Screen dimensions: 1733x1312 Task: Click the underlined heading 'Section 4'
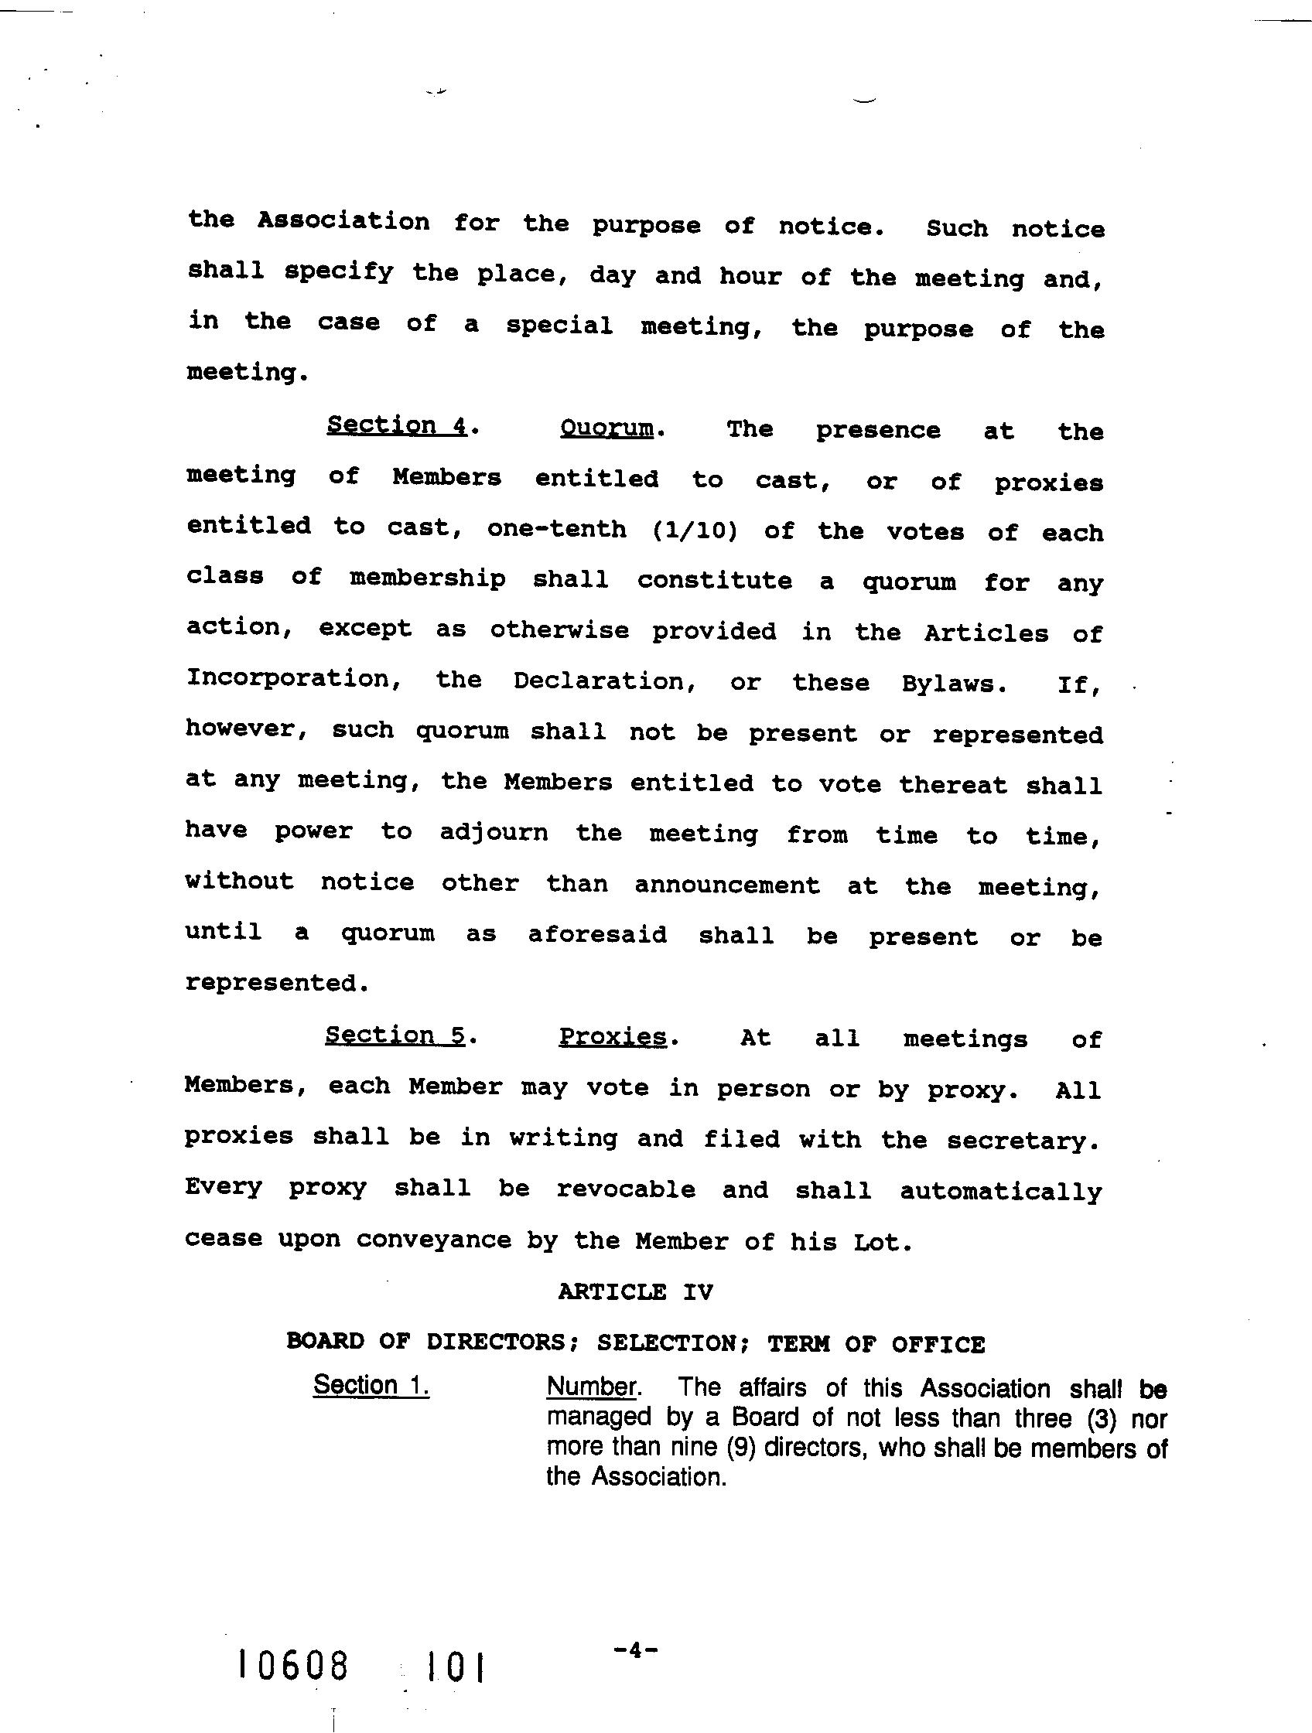pos(397,425)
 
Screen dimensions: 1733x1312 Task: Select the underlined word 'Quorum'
pos(606,428)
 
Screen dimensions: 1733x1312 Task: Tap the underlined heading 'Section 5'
pos(396,1035)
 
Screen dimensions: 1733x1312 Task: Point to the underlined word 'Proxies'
pos(612,1036)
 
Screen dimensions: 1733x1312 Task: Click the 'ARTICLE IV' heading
pos(636,1292)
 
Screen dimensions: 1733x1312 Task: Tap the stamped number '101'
pos(454,1666)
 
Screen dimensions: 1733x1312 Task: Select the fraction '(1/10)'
pos(695,531)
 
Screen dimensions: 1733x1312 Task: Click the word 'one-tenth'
pos(556,529)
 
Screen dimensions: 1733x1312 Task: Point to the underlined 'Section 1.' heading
pos(371,1384)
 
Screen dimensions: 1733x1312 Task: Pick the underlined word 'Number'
pos(591,1387)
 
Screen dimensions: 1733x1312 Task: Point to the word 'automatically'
pos(1001,1192)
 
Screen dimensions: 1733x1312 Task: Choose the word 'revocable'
pos(625,1189)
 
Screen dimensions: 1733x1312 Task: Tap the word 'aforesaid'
pos(597,935)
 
